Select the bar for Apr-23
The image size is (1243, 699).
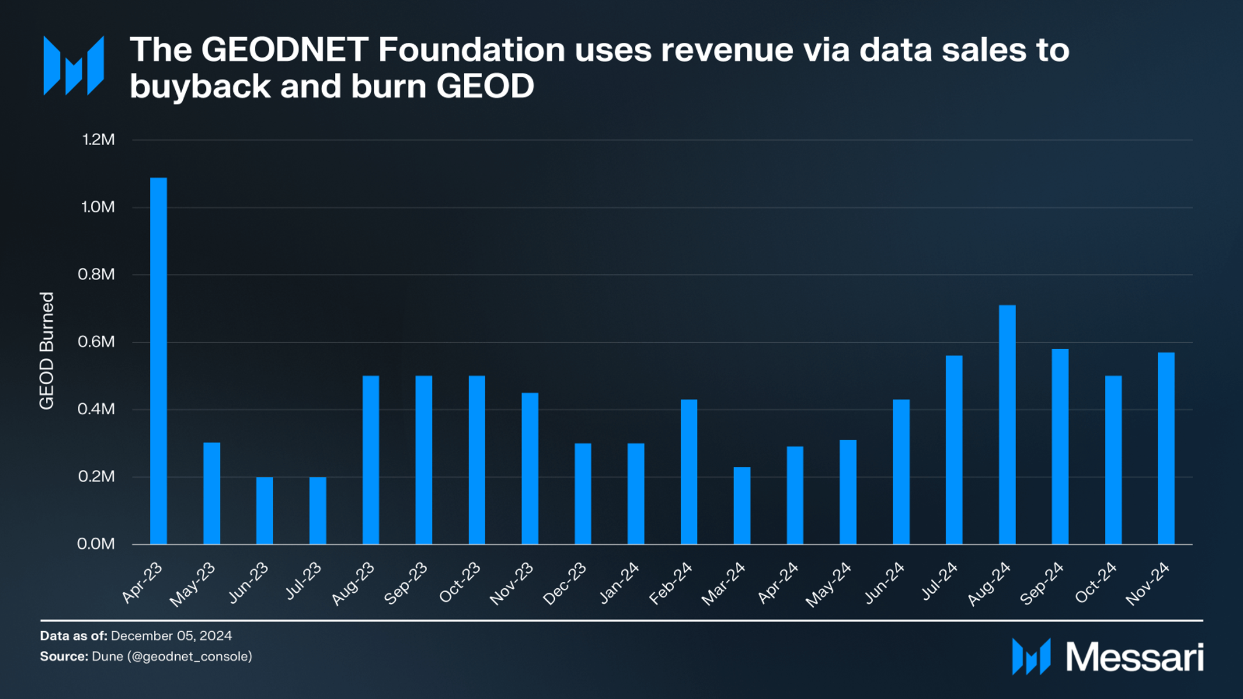158,361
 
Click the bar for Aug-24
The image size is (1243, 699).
1007,425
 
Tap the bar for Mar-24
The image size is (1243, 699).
742,505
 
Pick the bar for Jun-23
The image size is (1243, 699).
265,510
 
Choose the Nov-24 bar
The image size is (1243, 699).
1166,448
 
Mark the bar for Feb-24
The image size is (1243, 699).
689,472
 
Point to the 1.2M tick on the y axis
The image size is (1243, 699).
98,140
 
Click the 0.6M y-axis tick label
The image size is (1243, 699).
96,342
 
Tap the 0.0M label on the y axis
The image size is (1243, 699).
96,544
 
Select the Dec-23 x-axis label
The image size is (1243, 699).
565,584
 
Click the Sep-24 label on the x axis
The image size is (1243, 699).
1042,584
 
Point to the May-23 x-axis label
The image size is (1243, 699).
193,585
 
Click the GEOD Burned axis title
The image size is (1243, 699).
46,350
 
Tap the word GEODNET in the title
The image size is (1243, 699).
284,50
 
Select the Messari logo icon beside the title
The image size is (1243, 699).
74,66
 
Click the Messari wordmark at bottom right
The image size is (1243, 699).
1134,658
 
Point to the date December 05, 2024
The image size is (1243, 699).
171,636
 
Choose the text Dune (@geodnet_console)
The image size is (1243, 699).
172,657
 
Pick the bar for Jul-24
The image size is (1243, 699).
954,450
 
